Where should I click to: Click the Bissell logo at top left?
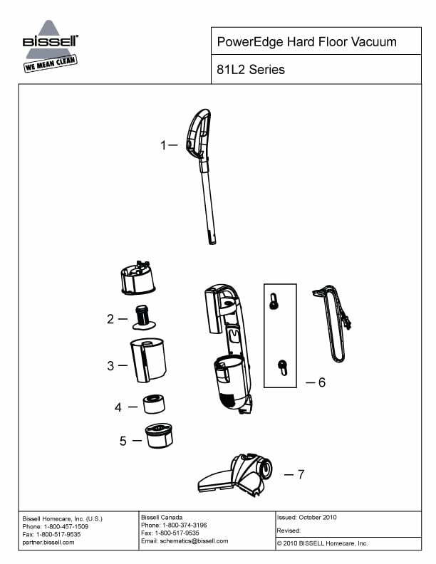[51, 46]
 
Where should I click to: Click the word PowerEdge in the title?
[250, 42]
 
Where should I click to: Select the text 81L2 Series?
[251, 69]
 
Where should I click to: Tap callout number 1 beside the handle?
[163, 145]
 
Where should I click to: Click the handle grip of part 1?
[197, 132]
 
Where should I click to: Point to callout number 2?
[110, 319]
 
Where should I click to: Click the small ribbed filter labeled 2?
[144, 317]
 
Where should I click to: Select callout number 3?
[110, 365]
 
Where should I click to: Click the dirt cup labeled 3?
[148, 360]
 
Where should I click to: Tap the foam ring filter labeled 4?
[154, 404]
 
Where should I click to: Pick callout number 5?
[123, 441]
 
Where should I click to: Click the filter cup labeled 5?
[159, 436]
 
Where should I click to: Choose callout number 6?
[322, 382]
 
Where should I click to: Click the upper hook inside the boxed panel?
[274, 301]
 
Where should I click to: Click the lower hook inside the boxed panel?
[283, 367]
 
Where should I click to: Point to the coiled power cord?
[333, 324]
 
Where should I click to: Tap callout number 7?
[301, 474]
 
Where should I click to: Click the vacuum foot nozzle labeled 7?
[235, 475]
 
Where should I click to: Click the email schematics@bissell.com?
[194, 541]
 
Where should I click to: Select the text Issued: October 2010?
[306, 517]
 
